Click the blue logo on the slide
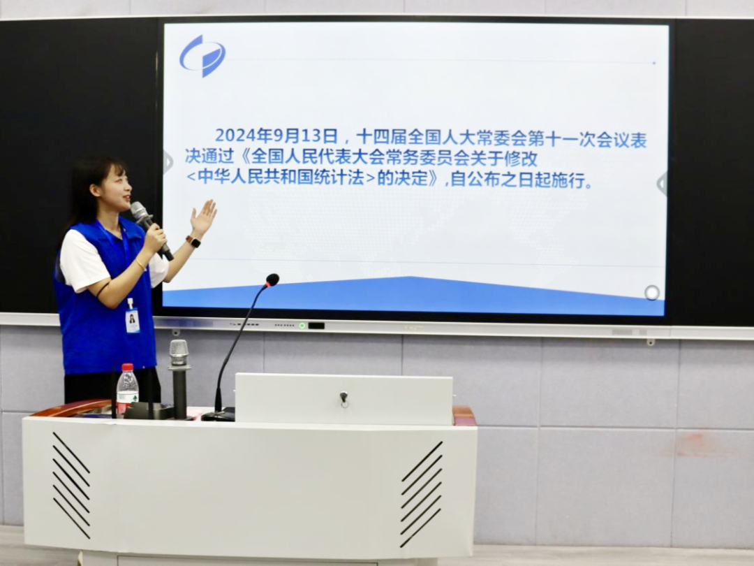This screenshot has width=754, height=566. (x=202, y=55)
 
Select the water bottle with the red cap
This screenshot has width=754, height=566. (x=127, y=388)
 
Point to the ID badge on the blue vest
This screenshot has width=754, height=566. (x=132, y=319)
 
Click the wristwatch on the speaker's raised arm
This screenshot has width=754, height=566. (x=193, y=242)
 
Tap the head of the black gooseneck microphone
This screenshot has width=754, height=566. (x=272, y=280)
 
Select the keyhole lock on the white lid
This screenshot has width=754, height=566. (x=343, y=398)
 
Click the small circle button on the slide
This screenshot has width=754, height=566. (x=651, y=292)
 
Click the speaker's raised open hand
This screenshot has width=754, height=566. (x=204, y=217)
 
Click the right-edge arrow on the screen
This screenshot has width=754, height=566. (x=662, y=184)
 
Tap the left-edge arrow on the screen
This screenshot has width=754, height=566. (x=168, y=162)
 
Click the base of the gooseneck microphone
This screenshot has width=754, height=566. (x=219, y=415)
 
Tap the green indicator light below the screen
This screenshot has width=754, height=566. (x=302, y=326)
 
